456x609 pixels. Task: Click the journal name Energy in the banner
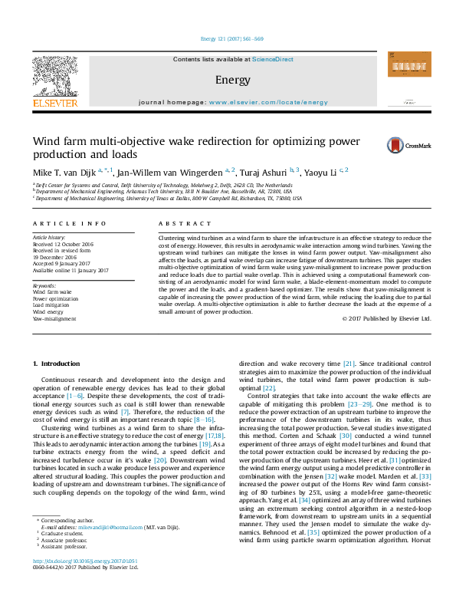(x=228, y=80)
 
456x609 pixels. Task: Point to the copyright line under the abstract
(x=386, y=318)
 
